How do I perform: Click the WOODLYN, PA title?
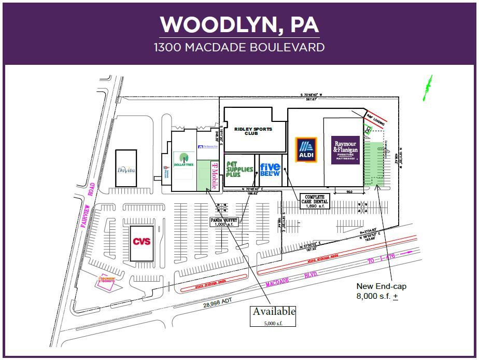coord(239,24)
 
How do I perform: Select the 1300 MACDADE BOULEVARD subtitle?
coord(239,47)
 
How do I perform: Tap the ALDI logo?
coord(306,150)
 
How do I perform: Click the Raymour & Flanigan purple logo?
coord(346,150)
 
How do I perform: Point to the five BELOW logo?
coord(270,169)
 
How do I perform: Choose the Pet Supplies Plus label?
coord(239,169)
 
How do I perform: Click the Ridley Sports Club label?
coord(253,131)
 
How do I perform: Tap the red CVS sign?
coord(142,242)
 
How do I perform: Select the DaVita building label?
coord(125,169)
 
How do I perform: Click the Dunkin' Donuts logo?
coord(105,282)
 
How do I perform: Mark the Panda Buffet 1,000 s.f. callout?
coord(223,221)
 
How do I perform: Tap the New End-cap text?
coord(381,286)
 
